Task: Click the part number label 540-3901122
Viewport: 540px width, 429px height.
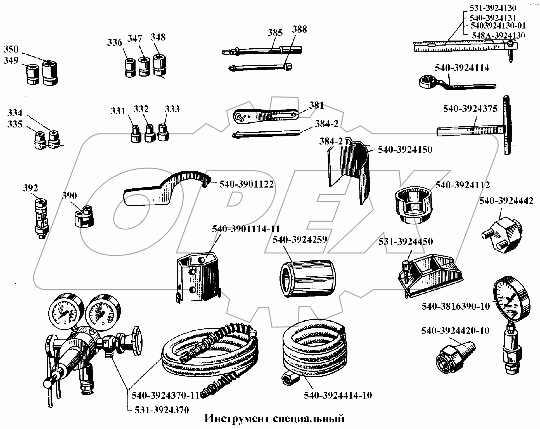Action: point(246,184)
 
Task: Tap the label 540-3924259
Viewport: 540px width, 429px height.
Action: point(300,240)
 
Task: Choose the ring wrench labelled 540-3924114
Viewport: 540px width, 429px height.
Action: point(453,84)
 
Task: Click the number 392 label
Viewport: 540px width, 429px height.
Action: point(30,188)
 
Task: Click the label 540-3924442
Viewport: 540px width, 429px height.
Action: point(506,201)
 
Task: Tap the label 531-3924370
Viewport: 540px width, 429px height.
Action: point(162,410)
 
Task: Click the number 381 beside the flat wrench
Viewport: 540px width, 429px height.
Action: point(316,105)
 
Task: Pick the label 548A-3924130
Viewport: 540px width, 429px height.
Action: point(498,35)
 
